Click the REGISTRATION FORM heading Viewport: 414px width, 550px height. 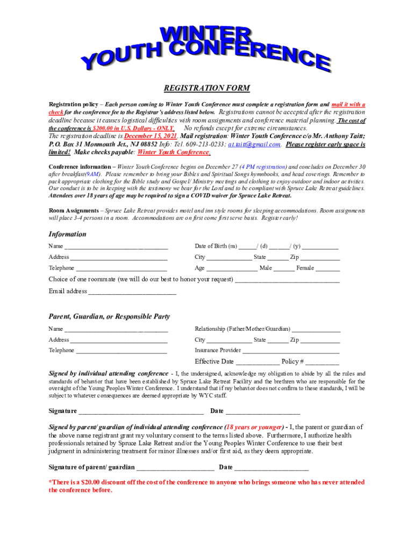(x=207, y=89)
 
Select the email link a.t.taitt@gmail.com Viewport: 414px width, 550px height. (x=254, y=144)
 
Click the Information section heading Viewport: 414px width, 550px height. (x=67, y=234)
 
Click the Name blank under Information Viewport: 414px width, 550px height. (x=116, y=247)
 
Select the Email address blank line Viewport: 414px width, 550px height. (x=132, y=292)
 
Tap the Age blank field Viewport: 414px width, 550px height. (x=232, y=269)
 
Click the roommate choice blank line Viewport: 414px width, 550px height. (x=287, y=280)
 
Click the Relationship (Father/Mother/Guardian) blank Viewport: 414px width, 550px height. (x=316, y=329)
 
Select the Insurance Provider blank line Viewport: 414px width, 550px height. (x=291, y=351)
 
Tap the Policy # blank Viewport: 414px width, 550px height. (x=323, y=363)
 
